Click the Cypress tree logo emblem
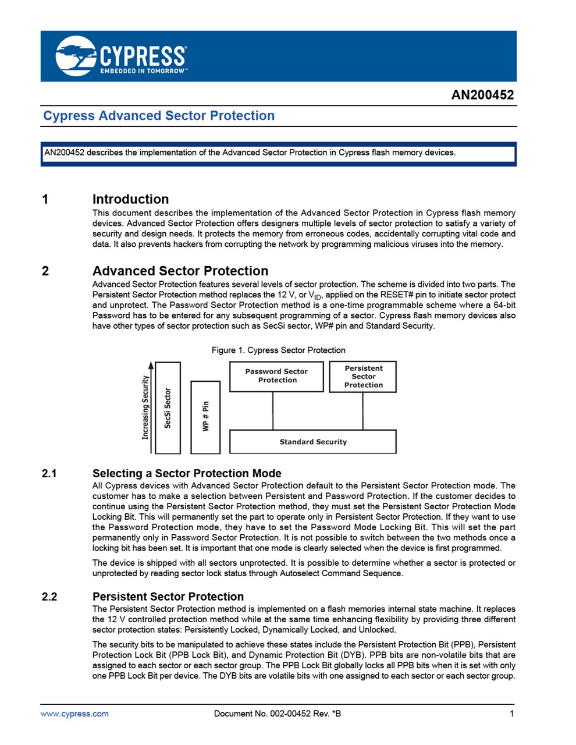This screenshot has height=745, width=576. click(76, 56)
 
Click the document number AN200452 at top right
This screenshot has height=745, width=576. click(482, 95)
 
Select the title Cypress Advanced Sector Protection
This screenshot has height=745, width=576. click(159, 116)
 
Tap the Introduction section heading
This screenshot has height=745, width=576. click(130, 199)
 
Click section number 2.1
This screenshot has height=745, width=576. click(49, 473)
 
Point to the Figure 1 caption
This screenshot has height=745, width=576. click(278, 350)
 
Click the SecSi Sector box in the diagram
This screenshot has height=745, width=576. click(168, 408)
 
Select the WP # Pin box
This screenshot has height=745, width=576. click(205, 417)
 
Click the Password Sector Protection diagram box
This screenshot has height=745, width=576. click(276, 377)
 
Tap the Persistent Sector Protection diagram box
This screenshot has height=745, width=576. click(362, 377)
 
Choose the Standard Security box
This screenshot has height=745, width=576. click(312, 442)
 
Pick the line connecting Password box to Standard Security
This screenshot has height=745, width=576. click(273, 411)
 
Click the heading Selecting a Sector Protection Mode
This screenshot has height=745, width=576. click(187, 473)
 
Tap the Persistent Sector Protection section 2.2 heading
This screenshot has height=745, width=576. click(168, 597)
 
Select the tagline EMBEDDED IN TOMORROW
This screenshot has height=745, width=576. click(144, 72)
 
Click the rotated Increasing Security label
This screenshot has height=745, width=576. click(145, 407)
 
